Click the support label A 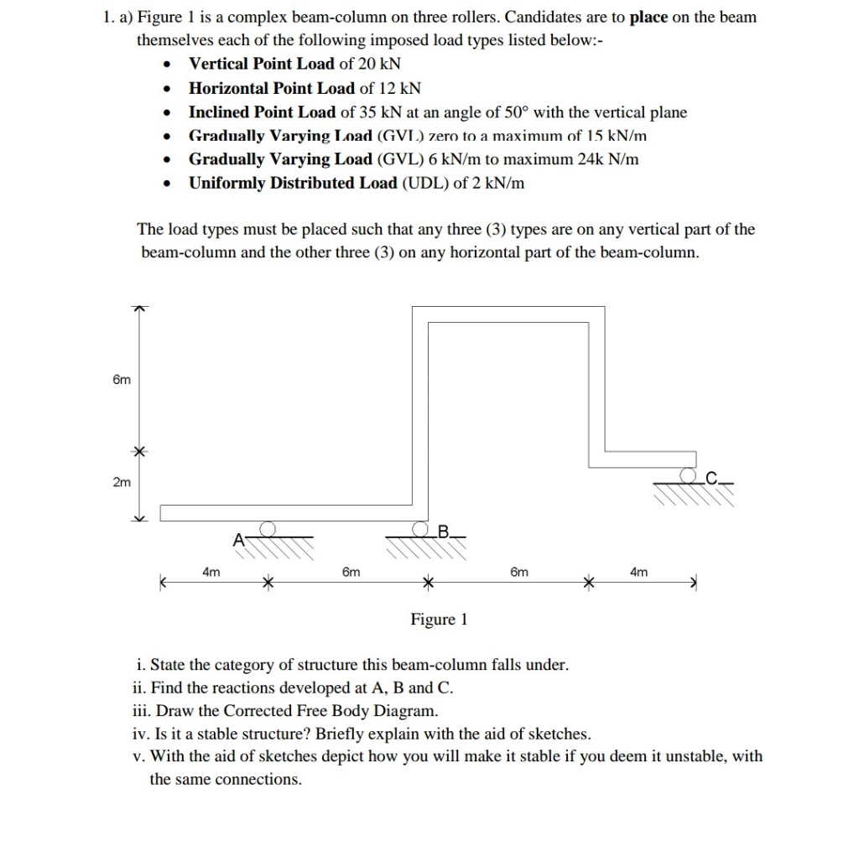point(238,538)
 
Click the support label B point(445,530)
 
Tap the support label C point(711,479)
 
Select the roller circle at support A point(268,528)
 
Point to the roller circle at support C point(690,475)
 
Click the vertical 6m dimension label point(122,380)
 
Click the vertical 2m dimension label point(122,483)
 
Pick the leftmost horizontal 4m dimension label point(211,572)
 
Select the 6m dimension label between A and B point(351,572)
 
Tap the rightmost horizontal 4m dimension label point(638,572)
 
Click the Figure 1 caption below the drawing point(439,620)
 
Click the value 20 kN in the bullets point(381,64)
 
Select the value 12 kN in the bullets point(401,88)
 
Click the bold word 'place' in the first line point(648,17)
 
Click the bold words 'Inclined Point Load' point(262,112)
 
